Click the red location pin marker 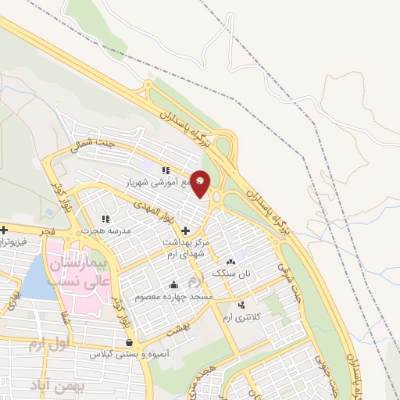tap(201, 183)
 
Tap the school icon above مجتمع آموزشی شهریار tap(165, 170)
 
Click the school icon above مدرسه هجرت tap(105, 219)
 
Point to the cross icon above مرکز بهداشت tap(185, 230)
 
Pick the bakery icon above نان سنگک tap(230, 262)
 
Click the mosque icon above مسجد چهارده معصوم tap(173, 284)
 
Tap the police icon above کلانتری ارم tap(241, 304)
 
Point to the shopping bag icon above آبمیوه tap(129, 342)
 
